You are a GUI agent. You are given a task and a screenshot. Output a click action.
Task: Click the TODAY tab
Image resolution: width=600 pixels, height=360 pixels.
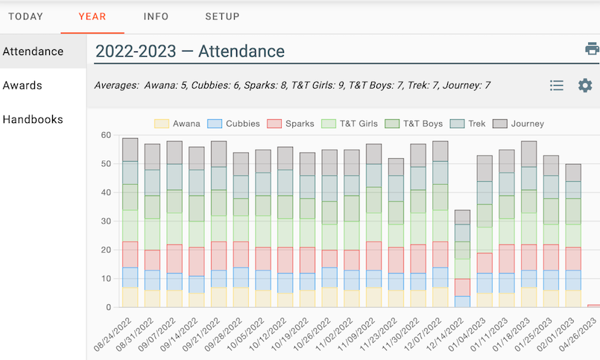tap(25, 16)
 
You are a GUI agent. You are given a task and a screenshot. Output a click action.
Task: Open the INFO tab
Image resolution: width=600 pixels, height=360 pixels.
tap(156, 16)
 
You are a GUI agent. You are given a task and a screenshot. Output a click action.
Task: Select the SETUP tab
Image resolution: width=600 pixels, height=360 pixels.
tap(222, 16)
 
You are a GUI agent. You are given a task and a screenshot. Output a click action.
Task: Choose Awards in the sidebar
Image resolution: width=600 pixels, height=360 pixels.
tap(22, 86)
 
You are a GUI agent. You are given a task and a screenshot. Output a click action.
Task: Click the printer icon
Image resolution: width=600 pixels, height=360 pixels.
tap(592, 49)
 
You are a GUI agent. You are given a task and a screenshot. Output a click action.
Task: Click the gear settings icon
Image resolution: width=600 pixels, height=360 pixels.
tap(585, 86)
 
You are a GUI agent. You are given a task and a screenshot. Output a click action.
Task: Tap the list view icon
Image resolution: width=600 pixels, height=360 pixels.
tap(556, 86)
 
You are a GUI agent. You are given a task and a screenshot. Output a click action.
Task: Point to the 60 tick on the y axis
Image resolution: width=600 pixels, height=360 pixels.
tap(106, 136)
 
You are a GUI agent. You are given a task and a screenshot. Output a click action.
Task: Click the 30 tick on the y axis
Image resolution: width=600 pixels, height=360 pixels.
tap(106, 221)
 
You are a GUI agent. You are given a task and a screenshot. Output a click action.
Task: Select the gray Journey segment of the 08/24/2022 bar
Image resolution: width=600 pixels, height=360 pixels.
tap(130, 149)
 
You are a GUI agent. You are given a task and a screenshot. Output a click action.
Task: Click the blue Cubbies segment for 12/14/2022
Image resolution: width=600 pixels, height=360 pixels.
tap(463, 302)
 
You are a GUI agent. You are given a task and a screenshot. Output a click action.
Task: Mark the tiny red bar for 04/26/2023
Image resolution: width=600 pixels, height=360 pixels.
tap(593, 306)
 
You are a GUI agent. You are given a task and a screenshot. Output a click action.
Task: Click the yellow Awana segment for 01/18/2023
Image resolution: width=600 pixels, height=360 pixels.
tap(528, 297)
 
